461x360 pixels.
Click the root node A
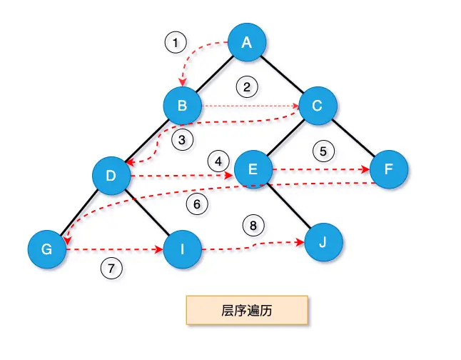tap(247, 42)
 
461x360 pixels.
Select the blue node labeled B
tap(183, 107)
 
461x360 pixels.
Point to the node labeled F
tap(389, 170)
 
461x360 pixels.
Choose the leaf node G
tap(47, 250)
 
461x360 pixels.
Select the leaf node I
tap(183, 250)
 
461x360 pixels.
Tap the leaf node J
tap(323, 242)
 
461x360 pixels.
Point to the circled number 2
tap(246, 89)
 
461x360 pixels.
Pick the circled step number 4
tap(218, 159)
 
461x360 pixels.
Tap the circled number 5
tap(323, 151)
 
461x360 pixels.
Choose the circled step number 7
tap(111, 269)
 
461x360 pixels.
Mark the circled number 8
tap(252, 224)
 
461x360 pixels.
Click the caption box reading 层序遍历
tap(246, 311)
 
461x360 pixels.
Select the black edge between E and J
tap(289, 206)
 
